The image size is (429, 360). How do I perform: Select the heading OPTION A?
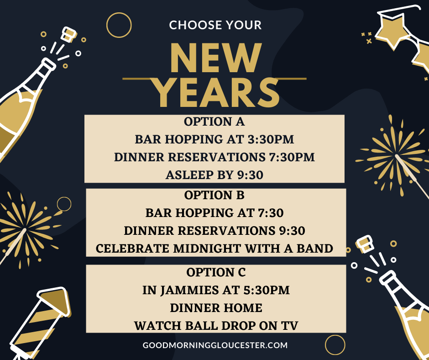tap(214, 122)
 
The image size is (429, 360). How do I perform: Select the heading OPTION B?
tap(214, 196)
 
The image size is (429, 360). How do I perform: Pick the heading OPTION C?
tap(216, 272)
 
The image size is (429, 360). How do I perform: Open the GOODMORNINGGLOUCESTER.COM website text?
tap(215, 345)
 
